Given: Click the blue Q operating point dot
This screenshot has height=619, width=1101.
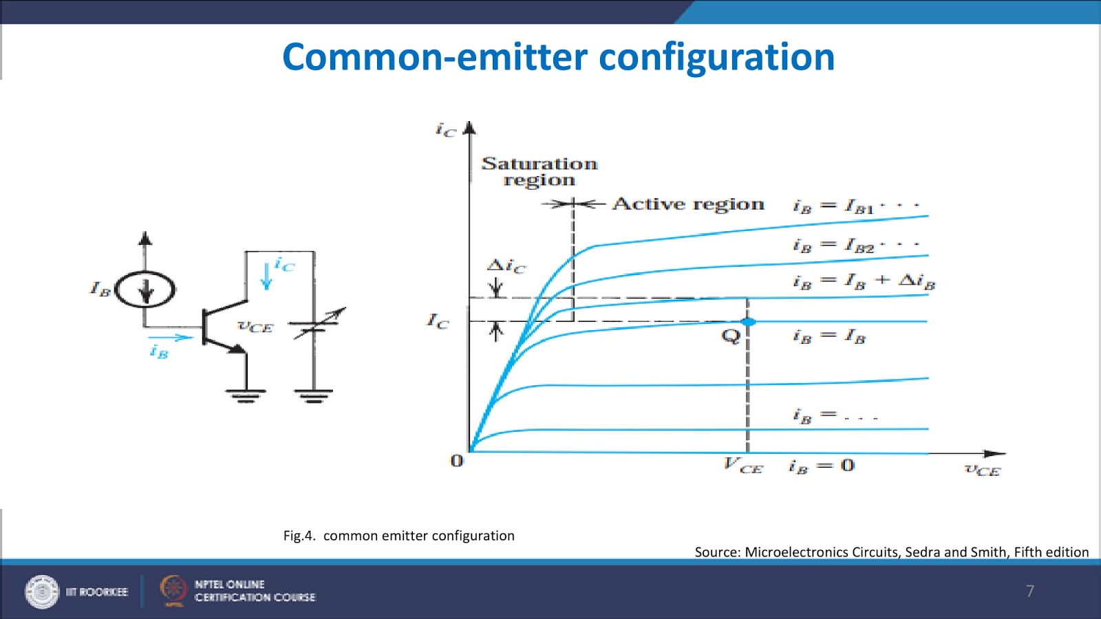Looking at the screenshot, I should (749, 322).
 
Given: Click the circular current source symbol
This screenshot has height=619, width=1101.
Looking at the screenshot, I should (145, 290).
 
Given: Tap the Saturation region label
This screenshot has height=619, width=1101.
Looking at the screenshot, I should (539, 171).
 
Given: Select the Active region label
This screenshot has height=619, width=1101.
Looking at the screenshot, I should (688, 204).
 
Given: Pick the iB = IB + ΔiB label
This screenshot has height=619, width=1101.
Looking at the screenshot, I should (864, 281).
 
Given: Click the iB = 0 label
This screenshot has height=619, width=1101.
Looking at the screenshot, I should (822, 466).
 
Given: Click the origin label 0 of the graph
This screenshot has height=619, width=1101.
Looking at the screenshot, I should (456, 461).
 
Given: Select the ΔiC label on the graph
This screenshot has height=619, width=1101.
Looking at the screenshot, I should (506, 265).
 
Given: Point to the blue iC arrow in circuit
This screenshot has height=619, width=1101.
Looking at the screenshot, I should (267, 276).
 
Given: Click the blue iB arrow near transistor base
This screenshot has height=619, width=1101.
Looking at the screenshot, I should (170, 337).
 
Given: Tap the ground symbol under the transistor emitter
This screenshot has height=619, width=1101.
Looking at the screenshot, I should (246, 395).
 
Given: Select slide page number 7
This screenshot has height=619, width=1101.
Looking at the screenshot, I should (1030, 591).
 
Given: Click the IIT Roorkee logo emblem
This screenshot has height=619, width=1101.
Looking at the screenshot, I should (42, 591).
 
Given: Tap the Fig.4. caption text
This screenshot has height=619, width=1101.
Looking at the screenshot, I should (398, 536).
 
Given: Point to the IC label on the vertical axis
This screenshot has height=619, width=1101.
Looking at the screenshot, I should (438, 321).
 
